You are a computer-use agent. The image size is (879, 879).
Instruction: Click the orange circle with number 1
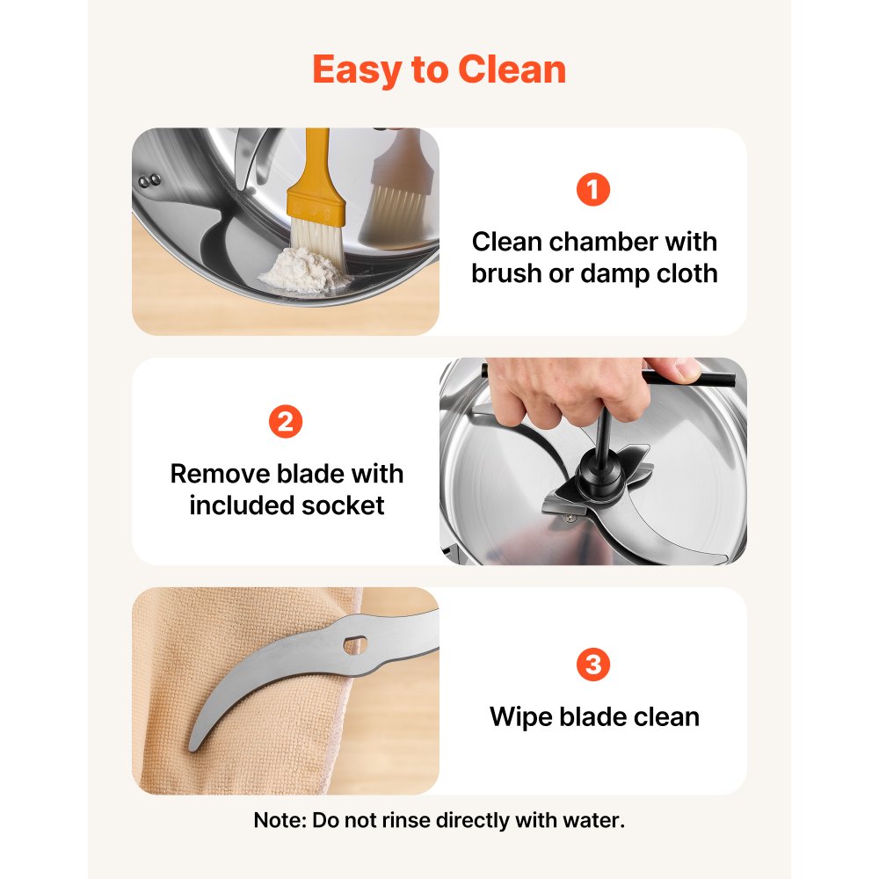coord(593,190)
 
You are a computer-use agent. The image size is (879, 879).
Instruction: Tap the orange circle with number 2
coord(286,421)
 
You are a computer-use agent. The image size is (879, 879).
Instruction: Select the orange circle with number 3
coord(593,665)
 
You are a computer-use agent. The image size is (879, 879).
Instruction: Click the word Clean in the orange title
coord(512,69)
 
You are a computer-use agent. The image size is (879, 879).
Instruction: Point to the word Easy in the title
coord(357,71)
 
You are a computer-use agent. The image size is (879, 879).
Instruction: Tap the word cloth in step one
coord(687,273)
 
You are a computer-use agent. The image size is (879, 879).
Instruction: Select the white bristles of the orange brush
coord(318,240)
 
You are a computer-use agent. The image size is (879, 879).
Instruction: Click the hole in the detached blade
coord(355,644)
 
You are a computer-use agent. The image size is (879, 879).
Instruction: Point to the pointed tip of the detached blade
coord(192,747)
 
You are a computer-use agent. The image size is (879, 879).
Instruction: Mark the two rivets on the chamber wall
coord(150,180)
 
